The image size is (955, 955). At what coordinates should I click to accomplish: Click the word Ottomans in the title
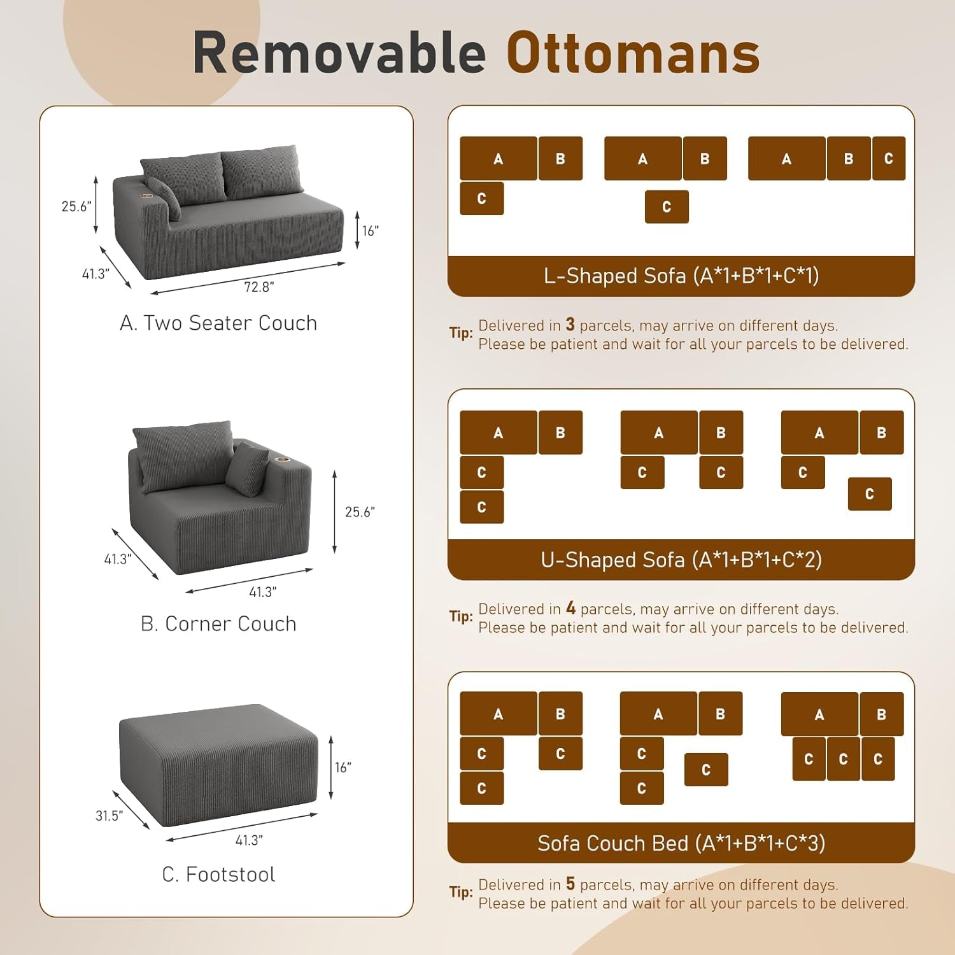[633, 53]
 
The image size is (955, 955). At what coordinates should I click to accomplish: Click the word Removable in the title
[339, 53]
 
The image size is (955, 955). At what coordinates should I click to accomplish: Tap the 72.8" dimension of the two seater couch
[258, 287]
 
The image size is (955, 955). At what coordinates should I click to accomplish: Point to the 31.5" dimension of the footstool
[109, 816]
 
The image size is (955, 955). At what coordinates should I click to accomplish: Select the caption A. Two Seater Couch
[218, 323]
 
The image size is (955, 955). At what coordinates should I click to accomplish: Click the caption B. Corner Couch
[218, 624]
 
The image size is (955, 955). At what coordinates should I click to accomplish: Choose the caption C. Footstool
[218, 875]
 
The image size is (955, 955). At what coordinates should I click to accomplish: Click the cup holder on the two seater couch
[147, 196]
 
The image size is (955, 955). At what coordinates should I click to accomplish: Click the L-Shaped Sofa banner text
[681, 276]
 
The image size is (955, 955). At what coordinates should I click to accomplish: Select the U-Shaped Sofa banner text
[681, 560]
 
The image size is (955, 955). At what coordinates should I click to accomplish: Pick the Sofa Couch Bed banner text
[681, 844]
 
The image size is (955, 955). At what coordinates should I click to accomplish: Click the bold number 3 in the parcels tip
[570, 325]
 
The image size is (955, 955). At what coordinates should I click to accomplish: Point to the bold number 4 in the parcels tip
[570, 608]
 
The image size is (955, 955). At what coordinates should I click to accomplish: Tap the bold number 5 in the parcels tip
[570, 884]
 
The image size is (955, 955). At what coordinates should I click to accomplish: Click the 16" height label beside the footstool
[343, 768]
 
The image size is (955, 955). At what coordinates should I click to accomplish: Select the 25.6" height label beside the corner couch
[360, 512]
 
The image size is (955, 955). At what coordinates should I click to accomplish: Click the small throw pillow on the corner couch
[247, 469]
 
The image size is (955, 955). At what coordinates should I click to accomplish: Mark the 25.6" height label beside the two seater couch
[76, 206]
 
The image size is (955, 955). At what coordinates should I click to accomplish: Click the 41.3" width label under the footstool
[249, 840]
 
